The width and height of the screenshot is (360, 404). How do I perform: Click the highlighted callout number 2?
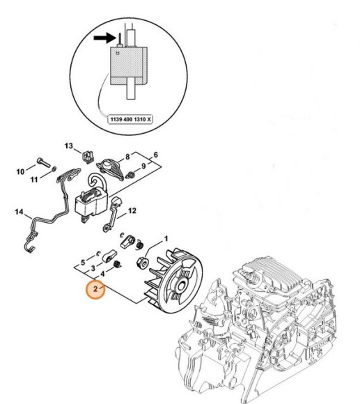93,288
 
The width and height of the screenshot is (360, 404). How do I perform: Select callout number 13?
69,145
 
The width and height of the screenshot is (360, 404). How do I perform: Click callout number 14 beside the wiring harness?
19,212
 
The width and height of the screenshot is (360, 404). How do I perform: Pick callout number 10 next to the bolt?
20,170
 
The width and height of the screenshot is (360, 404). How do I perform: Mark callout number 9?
145,166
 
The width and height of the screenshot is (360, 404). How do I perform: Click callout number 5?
82,263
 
